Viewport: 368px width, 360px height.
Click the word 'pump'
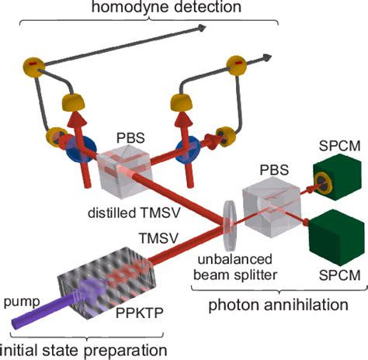[x=18, y=297]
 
